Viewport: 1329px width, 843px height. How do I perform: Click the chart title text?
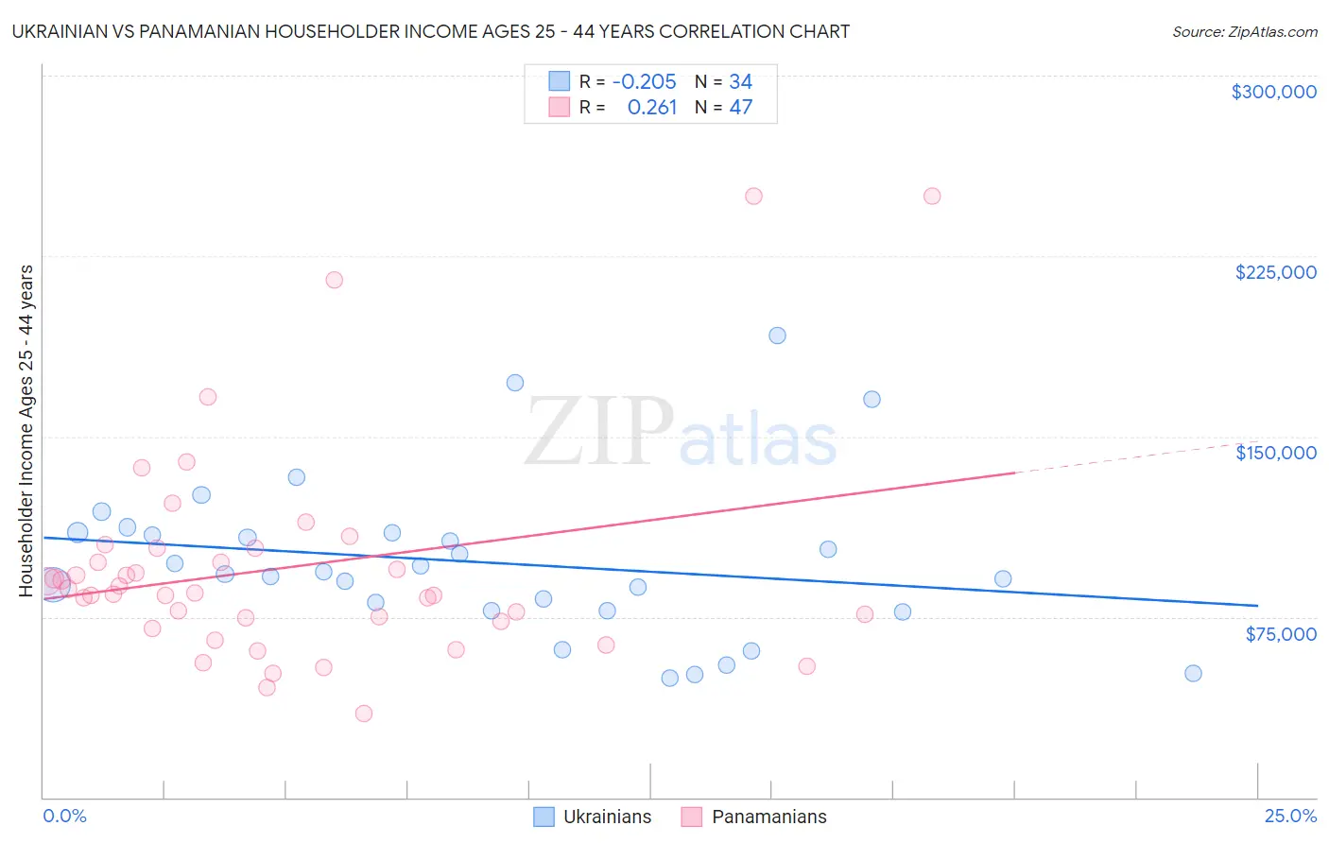pyautogui.click(x=431, y=31)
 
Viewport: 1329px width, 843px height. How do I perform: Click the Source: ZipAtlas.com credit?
pyautogui.click(x=1244, y=31)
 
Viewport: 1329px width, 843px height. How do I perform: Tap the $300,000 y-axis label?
pyautogui.click(x=1273, y=92)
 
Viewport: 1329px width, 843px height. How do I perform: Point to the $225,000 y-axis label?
pyautogui.click(x=1275, y=272)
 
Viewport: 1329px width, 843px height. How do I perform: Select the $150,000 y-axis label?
pyautogui.click(x=1275, y=453)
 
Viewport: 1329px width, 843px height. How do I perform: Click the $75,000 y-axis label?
pyautogui.click(x=1281, y=634)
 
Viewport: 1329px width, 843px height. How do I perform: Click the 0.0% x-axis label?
pyautogui.click(x=64, y=816)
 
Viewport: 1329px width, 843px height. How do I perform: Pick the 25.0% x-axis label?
pyautogui.click(x=1290, y=816)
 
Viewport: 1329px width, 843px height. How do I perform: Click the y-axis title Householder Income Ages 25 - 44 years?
pyautogui.click(x=26, y=431)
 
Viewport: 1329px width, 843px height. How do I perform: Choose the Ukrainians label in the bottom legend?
pyautogui.click(x=607, y=817)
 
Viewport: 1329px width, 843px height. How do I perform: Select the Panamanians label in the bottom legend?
pyautogui.click(x=768, y=817)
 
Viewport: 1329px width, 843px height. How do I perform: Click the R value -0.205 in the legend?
pyautogui.click(x=645, y=82)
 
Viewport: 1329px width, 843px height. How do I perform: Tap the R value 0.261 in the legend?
pyautogui.click(x=652, y=108)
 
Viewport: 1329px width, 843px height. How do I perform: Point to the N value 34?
pyautogui.click(x=740, y=82)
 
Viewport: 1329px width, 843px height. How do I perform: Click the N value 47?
pyautogui.click(x=740, y=108)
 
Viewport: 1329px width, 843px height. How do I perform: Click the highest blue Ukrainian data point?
pyautogui.click(x=777, y=335)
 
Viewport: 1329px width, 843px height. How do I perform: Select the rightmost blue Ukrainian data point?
pyautogui.click(x=1193, y=674)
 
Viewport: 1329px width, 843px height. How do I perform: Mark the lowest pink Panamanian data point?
pyautogui.click(x=364, y=714)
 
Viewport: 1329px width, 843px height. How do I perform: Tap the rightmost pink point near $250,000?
pyautogui.click(x=932, y=197)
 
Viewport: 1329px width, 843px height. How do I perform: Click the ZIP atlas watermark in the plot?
pyautogui.click(x=681, y=432)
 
